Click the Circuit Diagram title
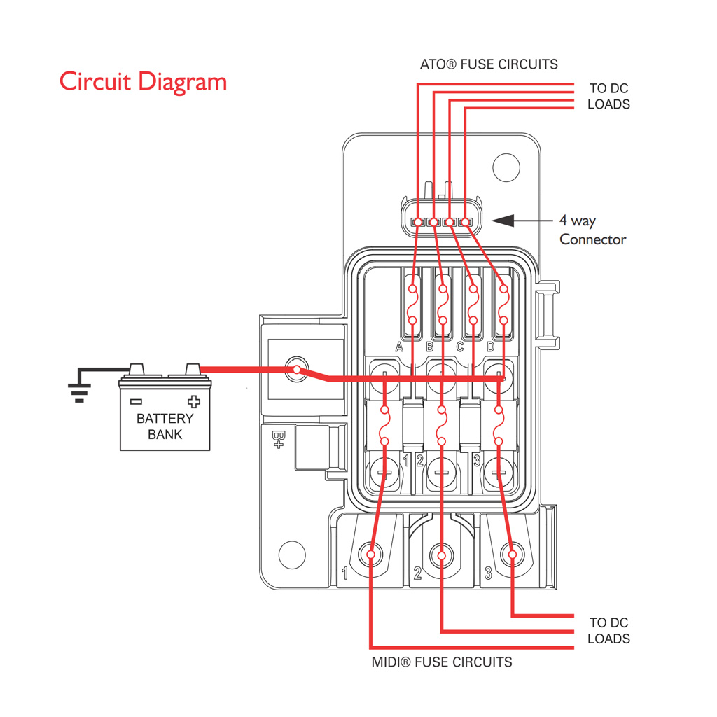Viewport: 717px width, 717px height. [x=143, y=82]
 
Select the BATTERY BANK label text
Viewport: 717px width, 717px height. [x=165, y=426]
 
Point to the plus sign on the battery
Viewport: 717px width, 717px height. [x=194, y=401]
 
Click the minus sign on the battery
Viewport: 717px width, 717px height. [x=136, y=402]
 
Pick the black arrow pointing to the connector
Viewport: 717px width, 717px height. [x=522, y=221]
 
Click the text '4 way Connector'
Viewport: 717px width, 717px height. [x=592, y=230]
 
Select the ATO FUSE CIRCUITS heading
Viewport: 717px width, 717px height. [x=489, y=64]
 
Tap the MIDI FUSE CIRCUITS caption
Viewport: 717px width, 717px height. [x=442, y=662]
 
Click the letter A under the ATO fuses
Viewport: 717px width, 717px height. [x=399, y=347]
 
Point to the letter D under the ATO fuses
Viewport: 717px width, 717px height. [x=490, y=347]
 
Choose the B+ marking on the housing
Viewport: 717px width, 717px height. [x=278, y=440]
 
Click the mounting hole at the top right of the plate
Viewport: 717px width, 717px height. [x=506, y=168]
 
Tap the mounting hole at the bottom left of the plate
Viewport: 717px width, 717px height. [x=292, y=555]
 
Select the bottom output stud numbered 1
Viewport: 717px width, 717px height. [x=370, y=555]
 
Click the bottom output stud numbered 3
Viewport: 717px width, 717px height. [x=512, y=555]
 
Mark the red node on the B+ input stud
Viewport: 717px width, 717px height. [x=297, y=370]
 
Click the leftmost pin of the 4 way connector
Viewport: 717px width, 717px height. [x=417, y=222]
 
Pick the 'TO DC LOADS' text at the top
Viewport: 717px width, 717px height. [x=608, y=96]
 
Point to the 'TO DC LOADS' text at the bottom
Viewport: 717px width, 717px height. [x=608, y=631]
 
